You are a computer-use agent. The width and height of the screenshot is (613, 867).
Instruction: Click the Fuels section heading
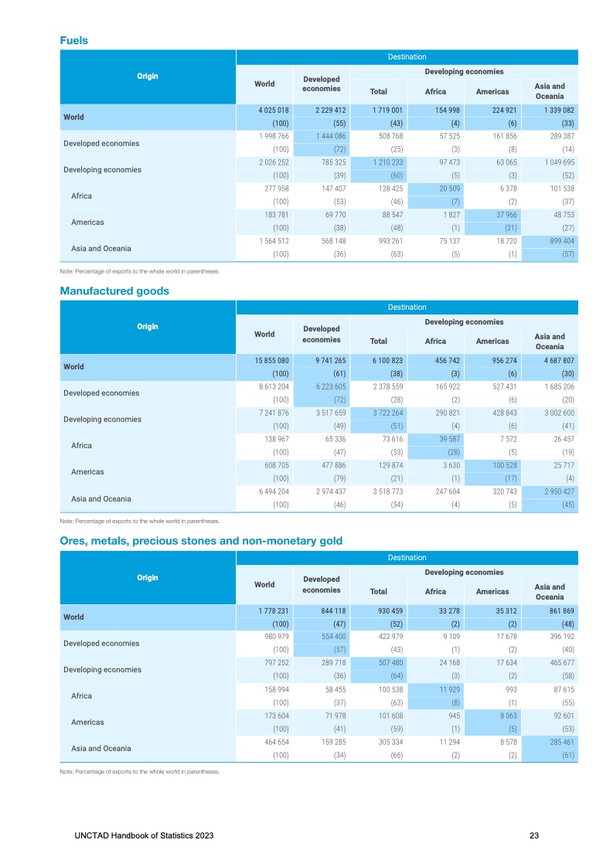click(73, 40)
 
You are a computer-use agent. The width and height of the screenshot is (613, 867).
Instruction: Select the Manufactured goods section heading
click(114, 291)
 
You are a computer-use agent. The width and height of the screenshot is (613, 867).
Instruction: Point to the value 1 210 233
click(379, 163)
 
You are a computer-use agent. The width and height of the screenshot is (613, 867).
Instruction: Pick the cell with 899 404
click(550, 242)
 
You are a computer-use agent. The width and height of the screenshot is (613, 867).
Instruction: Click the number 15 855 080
click(274, 361)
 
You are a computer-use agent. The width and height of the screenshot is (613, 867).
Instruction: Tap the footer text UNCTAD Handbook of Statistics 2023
click(145, 835)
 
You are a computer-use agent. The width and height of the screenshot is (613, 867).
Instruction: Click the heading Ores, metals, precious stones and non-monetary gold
click(201, 541)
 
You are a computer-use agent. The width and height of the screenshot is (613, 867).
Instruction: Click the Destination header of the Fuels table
click(407, 56)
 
